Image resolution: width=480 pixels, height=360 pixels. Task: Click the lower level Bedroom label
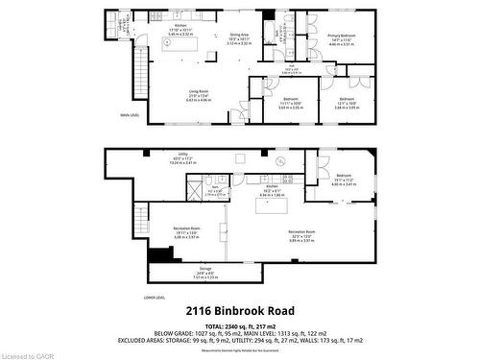(x=344, y=178)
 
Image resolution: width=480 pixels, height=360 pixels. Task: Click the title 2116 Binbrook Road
(x=240, y=311)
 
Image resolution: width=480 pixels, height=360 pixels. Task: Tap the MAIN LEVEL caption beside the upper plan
(x=131, y=114)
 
